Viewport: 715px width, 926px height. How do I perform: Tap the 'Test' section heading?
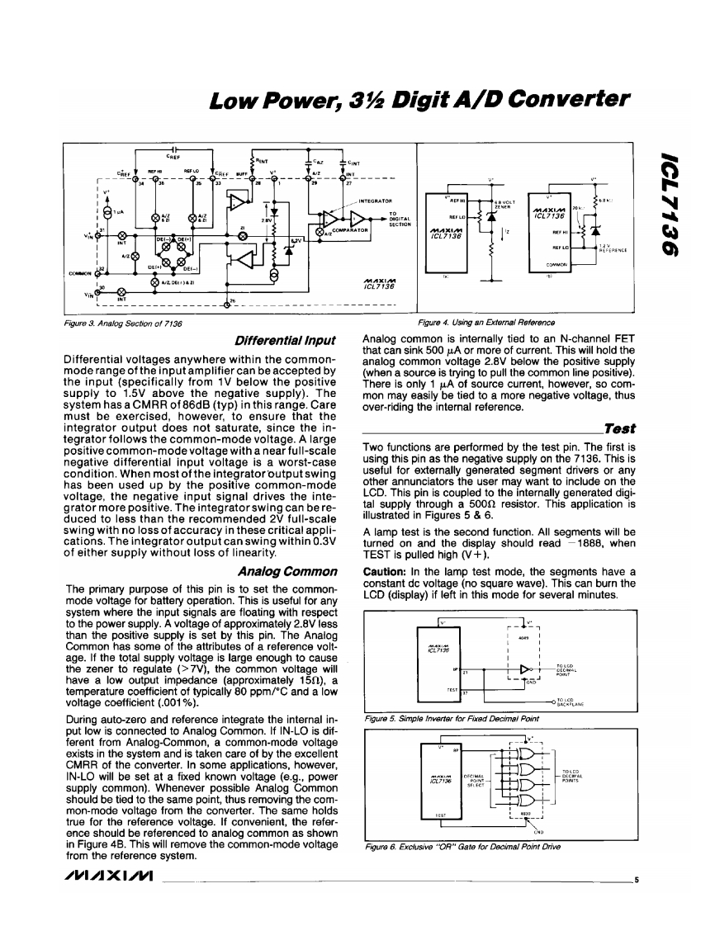pyautogui.click(x=618, y=428)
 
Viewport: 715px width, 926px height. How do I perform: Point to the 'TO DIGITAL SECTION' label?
pyautogui.click(x=401, y=219)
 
